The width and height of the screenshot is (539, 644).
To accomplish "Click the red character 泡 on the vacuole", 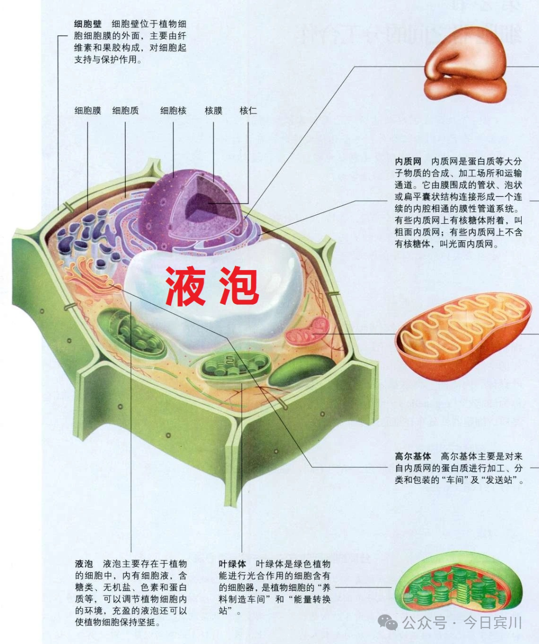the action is coord(239,286).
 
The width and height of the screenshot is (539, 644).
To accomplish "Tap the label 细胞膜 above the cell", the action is coord(88,111).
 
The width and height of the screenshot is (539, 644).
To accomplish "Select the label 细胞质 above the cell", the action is coord(125,111).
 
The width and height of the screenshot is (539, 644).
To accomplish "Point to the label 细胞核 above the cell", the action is coord(173,111).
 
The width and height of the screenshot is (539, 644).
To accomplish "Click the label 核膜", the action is coord(214,111).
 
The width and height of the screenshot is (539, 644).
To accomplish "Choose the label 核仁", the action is coord(248,111).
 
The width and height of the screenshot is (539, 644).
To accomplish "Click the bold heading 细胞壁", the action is coord(88,24).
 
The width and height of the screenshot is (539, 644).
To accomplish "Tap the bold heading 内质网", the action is coord(408,161).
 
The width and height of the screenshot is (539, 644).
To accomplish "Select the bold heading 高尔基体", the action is coord(413,456).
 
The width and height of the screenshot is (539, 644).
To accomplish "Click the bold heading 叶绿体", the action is coord(233,564).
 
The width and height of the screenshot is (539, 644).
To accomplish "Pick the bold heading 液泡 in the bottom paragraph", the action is coord(84,564).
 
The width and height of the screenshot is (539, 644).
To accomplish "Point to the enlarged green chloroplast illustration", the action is coord(459,583).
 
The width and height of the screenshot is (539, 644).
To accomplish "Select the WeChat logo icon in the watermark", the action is coord(387,623).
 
